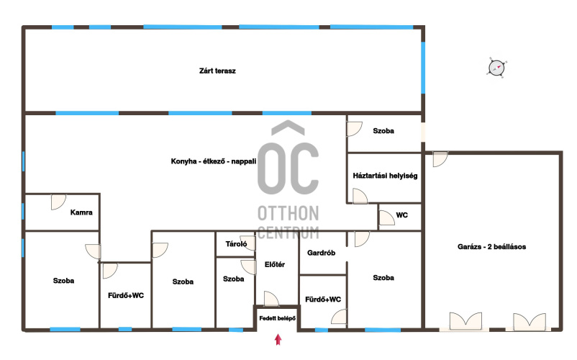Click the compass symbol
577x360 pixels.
click(496, 68)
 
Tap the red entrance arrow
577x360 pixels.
click(278, 339)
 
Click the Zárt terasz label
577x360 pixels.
click(217, 71)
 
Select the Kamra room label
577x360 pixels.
click(81, 212)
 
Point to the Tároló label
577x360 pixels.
click(236, 243)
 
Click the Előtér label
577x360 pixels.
click(275, 264)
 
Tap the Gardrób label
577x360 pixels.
click(322, 253)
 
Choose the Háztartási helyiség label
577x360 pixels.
click(385, 176)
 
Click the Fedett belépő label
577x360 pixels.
click(277, 318)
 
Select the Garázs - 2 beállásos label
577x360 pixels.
click(491, 247)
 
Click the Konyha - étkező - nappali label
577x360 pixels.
click(214, 161)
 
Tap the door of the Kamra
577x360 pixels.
click(58, 202)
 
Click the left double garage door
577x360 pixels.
click(466, 320)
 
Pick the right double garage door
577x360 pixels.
click(530, 321)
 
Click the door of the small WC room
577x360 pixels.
click(386, 217)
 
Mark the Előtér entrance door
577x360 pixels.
click(271, 299)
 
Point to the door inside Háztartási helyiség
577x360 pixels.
click(360, 196)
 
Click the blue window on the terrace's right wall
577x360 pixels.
click(423, 68)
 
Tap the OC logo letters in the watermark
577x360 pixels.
click(288, 168)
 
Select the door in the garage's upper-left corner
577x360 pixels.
click(440, 159)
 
